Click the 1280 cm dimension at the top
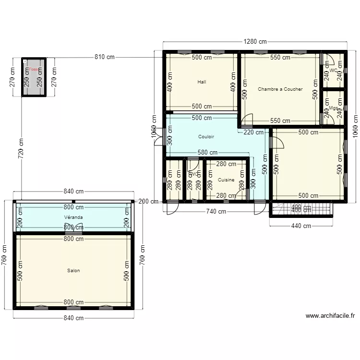pyautogui.click(x=255, y=42)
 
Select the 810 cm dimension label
pyautogui.click(x=105, y=58)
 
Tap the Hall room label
pyautogui.click(x=202, y=82)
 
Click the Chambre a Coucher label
pyautogui.click(x=280, y=89)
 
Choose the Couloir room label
pyautogui.click(x=206, y=137)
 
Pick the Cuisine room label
pyautogui.click(x=226, y=180)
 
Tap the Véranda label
pyautogui.click(x=73, y=217)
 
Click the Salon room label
pyautogui.click(x=73, y=271)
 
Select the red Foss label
pyautogui.click(x=33, y=70)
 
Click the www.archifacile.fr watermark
pyautogui.click(x=330, y=316)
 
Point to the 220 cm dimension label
pyautogui.click(x=253, y=132)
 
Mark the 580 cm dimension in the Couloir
pyautogui.click(x=207, y=153)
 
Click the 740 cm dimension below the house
pyautogui.click(x=216, y=211)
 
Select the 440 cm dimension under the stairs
pyautogui.click(x=300, y=226)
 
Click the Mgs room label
pyautogui.click(x=334, y=108)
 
